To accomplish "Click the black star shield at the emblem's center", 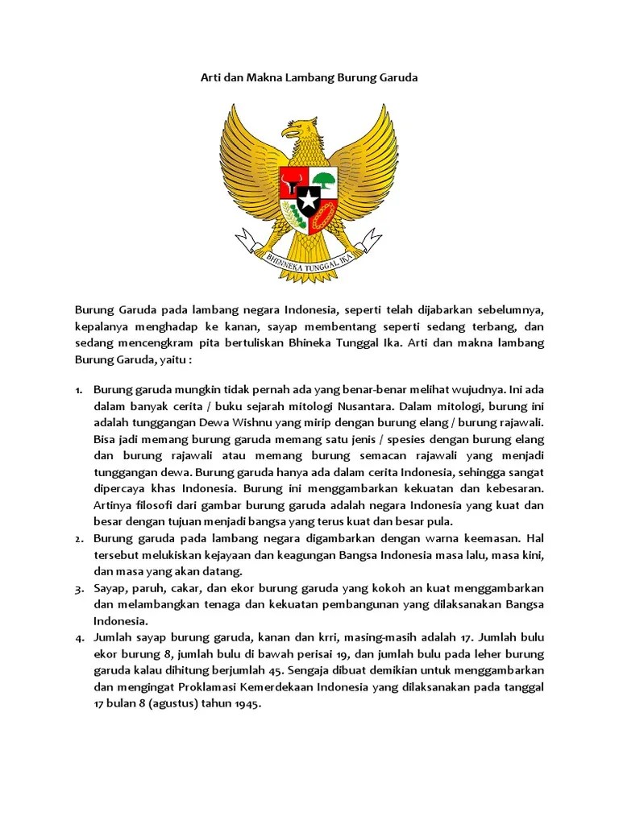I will [309, 197].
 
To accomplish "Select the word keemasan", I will [492, 537].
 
